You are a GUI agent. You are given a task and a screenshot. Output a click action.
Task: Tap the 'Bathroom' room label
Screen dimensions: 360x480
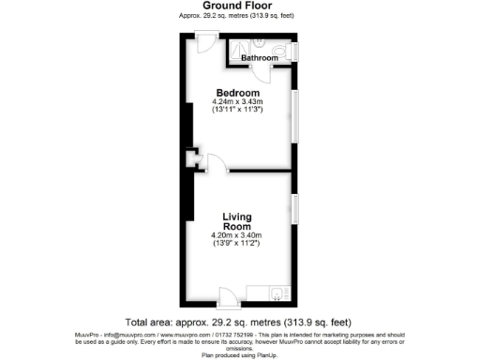point(260,58)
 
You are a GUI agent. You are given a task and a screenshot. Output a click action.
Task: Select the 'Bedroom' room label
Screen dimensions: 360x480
point(239,92)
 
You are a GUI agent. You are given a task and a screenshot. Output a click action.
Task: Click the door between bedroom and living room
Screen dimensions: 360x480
point(215,161)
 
